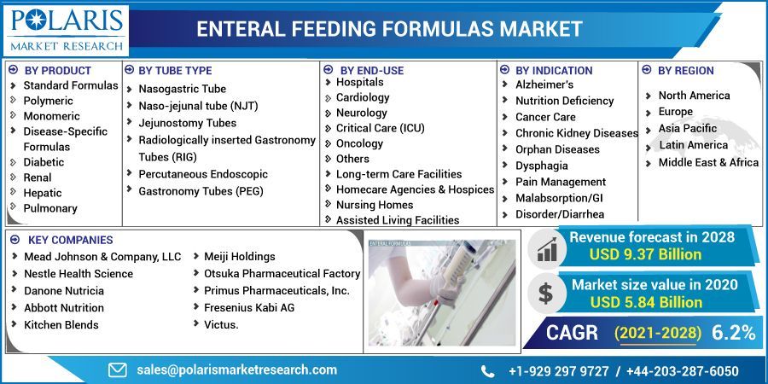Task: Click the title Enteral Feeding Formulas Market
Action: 389,29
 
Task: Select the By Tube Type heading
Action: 174,70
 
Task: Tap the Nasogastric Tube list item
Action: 182,89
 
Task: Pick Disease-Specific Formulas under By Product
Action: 65,139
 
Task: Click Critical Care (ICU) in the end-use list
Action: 380,128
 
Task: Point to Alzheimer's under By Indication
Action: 544,84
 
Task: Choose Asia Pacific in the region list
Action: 687,128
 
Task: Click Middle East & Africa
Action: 707,162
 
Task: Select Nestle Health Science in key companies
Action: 78,273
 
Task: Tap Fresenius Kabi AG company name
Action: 248,307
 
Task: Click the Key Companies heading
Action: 70,240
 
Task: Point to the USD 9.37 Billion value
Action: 645,254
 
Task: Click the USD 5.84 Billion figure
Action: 645,302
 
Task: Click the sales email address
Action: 236,370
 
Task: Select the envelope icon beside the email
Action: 117,370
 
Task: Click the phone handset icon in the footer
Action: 487,371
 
